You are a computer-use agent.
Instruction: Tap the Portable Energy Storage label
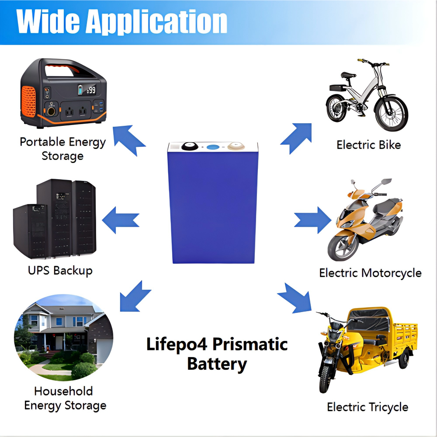(x=62, y=149)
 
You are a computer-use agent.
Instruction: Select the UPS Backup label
(x=60, y=271)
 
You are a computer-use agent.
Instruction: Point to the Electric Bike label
(x=368, y=145)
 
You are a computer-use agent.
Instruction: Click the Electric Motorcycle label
(x=370, y=273)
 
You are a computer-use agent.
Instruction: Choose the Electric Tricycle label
(x=368, y=407)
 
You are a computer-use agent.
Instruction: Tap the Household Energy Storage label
(x=65, y=398)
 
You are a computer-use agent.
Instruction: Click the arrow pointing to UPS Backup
(x=121, y=218)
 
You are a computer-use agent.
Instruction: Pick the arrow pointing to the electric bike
(x=297, y=137)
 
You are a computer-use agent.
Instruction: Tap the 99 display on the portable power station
(x=91, y=90)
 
